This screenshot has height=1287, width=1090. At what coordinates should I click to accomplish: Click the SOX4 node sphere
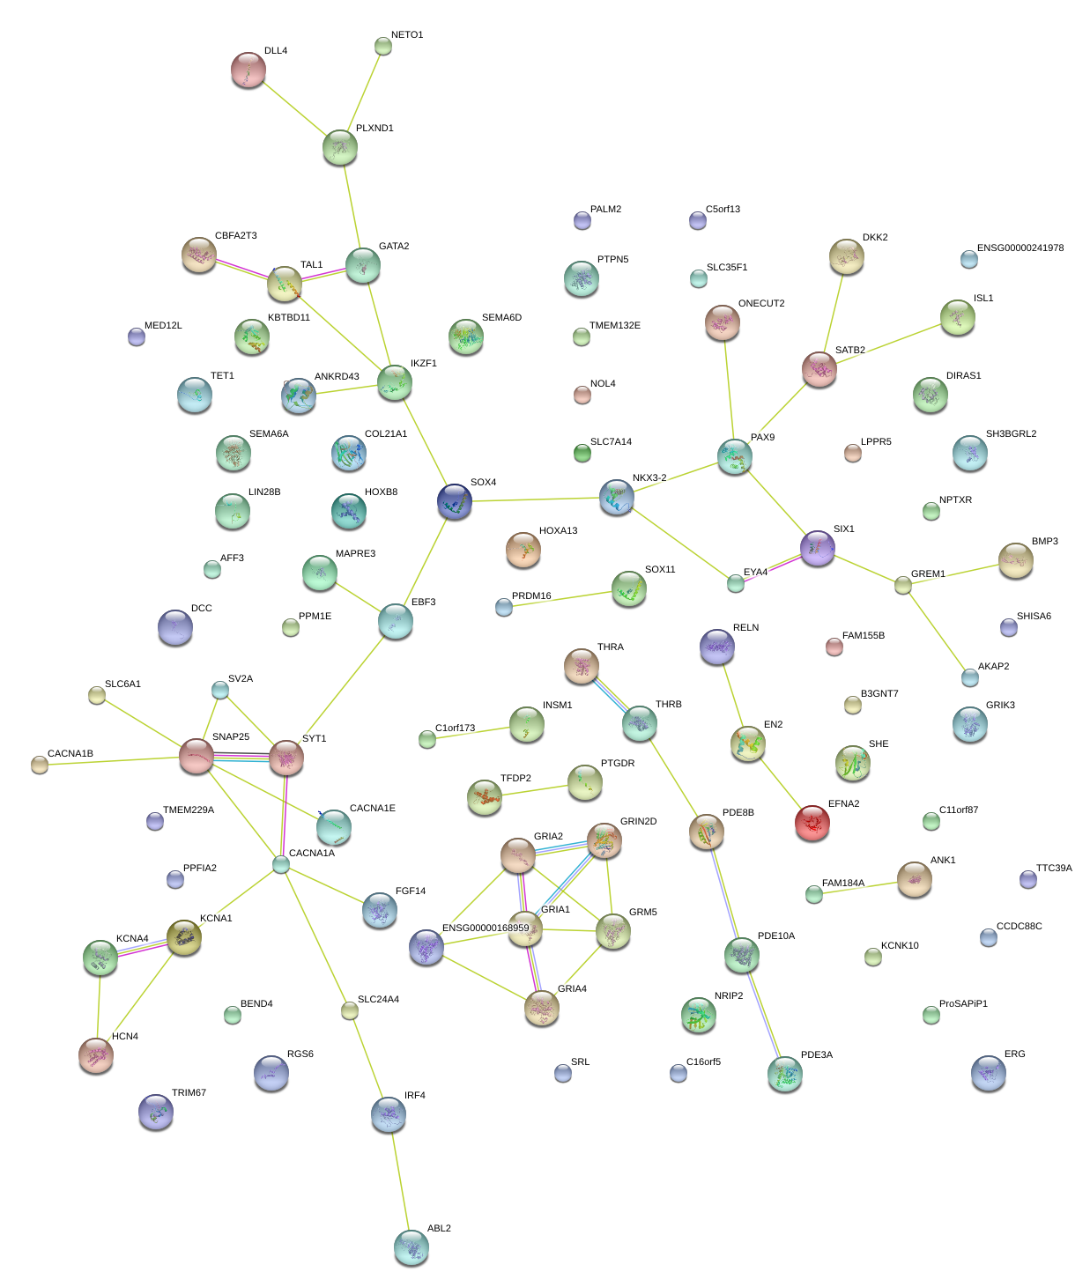pos(455,500)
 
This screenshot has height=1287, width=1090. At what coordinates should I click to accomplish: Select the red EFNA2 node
pos(812,823)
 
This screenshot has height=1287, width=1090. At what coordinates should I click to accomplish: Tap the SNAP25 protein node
pos(196,756)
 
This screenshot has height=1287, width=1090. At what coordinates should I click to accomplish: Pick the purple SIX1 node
pos(817,547)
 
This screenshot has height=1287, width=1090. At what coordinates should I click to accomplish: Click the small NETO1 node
pos(382,46)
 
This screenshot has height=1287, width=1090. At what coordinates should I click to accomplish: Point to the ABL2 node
pos(411,1246)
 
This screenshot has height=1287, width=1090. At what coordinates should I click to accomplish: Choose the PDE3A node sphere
pos(784,1073)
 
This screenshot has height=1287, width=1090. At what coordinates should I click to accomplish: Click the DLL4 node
pos(248,70)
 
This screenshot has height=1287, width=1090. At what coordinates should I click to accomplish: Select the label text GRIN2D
pos(638,821)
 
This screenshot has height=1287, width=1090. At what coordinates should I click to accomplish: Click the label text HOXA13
pos(558,530)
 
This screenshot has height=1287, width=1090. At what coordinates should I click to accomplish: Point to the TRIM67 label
pos(189,1092)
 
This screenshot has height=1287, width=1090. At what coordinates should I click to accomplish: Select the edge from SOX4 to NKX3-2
pos(536,499)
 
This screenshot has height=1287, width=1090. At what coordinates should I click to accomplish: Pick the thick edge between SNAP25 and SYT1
pos(241,756)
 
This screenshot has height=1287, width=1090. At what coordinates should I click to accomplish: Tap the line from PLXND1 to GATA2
pos(351,206)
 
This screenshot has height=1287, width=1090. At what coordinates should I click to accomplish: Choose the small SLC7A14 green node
pos(582,453)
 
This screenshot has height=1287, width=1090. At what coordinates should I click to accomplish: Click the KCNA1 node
pos(184,937)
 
